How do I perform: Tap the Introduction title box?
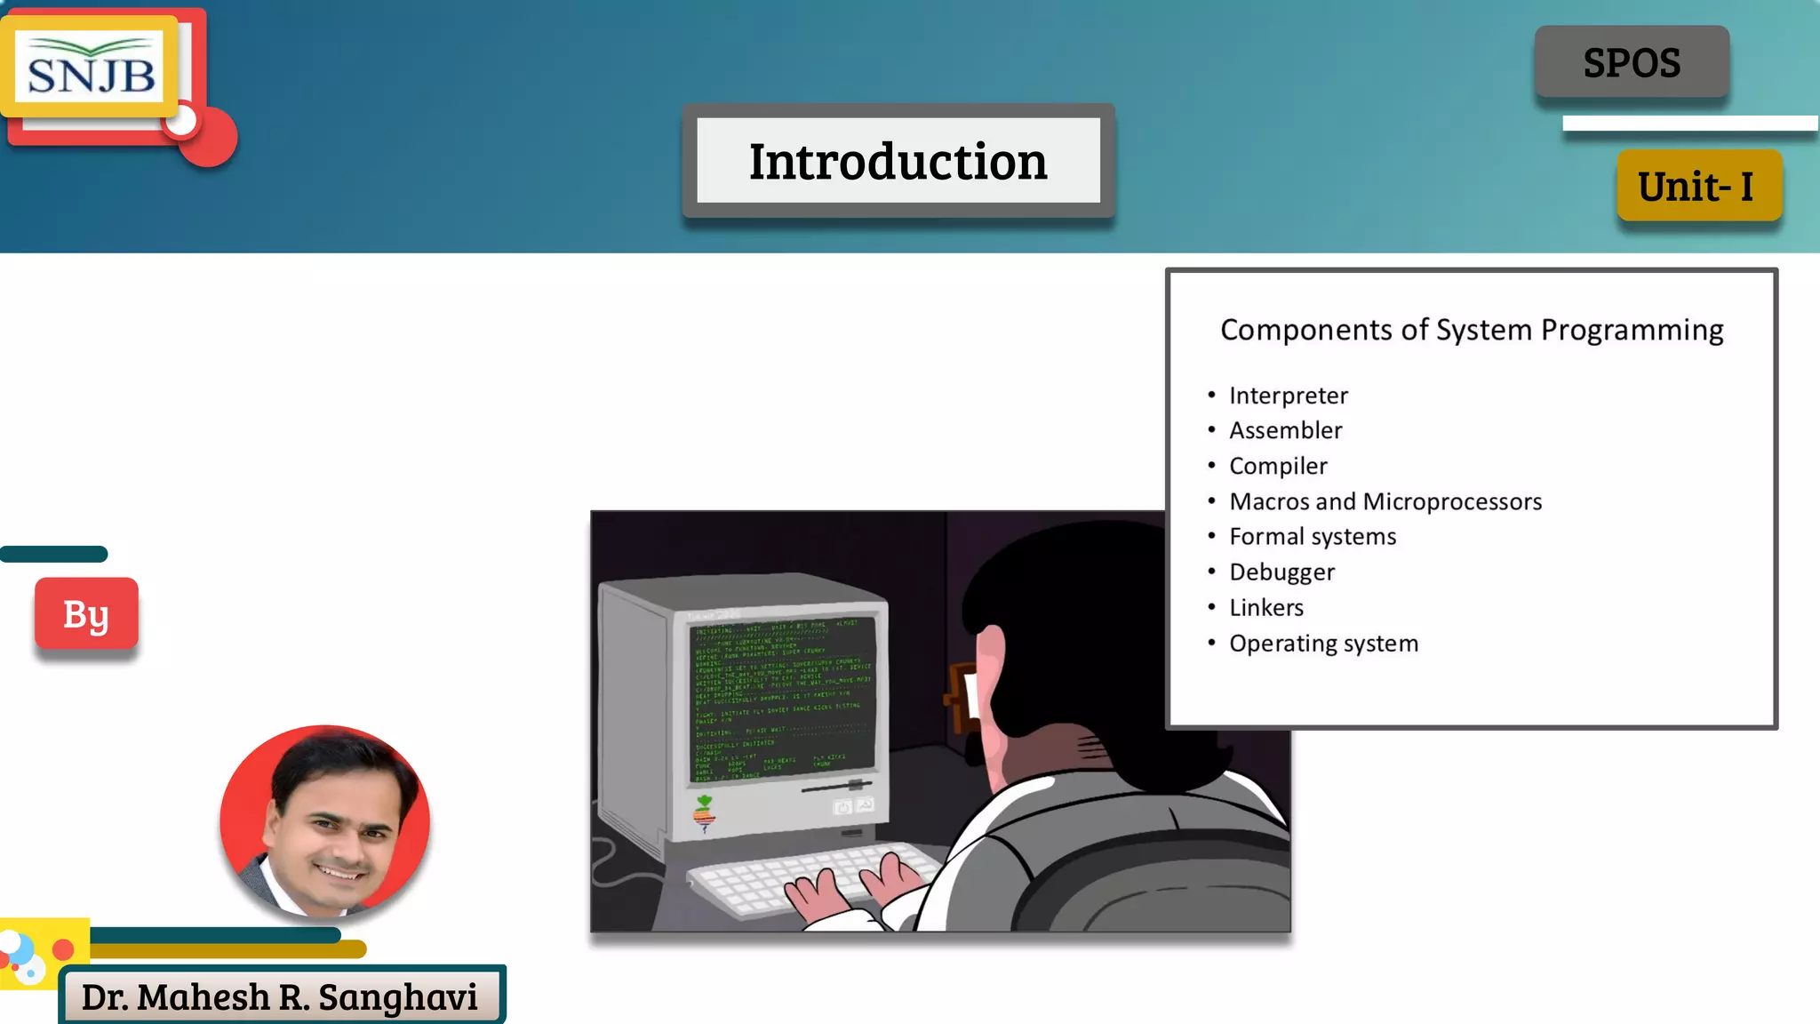(898, 161)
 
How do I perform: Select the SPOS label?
(1632, 62)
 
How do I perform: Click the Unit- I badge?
(1698, 186)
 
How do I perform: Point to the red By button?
(86, 614)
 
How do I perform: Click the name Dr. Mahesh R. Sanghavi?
(280, 997)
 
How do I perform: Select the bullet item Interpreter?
(1288, 396)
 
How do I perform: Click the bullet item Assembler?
(1285, 431)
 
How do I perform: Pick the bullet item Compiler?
(1277, 467)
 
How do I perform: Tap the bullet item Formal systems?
(1312, 537)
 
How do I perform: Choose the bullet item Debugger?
(1281, 572)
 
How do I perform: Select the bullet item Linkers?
(1265, 608)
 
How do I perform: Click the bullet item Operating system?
(1323, 644)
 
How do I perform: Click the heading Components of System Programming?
(1472, 330)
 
